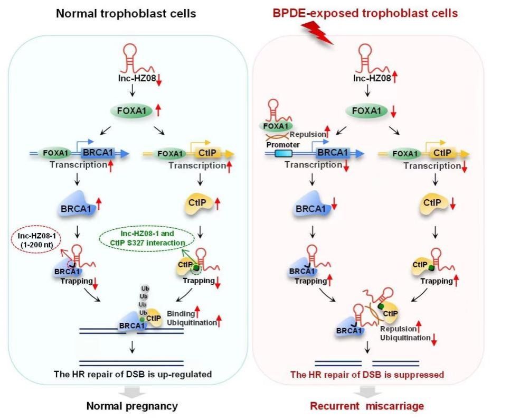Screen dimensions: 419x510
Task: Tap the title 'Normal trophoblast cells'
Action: [x=126, y=13]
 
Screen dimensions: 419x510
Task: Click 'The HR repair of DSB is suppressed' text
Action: [x=367, y=375]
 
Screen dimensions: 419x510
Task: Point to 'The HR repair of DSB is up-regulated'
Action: [x=133, y=375]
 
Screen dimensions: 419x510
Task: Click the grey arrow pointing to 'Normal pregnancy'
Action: [x=132, y=392]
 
